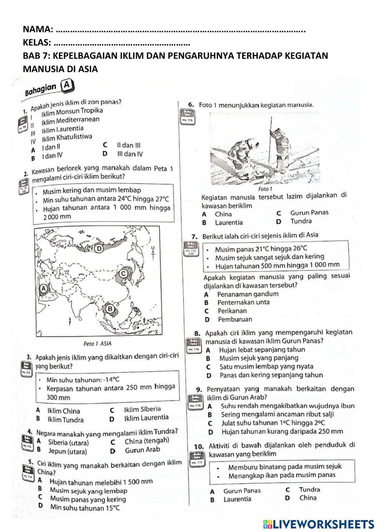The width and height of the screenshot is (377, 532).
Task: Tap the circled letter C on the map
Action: tap(123, 274)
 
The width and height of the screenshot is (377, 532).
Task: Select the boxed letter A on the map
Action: tap(43, 289)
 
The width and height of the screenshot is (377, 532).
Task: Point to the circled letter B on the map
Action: tap(111, 309)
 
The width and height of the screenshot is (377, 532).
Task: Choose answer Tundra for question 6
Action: tap(301, 221)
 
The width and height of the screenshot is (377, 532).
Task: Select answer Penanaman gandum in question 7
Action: tap(248, 294)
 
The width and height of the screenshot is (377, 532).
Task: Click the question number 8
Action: tap(197, 333)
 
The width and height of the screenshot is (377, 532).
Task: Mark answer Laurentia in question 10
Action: tap(237, 499)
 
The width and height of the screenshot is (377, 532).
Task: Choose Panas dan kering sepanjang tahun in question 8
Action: tap(271, 375)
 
